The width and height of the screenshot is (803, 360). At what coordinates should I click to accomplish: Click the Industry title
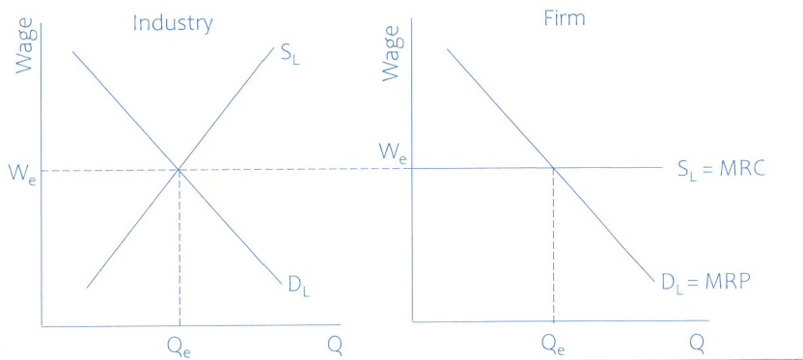click(173, 23)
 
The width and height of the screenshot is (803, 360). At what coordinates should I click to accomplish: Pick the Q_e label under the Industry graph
click(180, 346)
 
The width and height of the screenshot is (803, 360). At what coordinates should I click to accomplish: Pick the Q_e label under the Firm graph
click(552, 343)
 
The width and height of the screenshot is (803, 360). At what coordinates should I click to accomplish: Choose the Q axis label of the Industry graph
click(333, 346)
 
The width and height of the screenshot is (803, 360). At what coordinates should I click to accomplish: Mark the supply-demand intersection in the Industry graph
click(180, 170)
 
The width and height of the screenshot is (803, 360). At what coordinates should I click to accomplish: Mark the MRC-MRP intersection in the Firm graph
click(552, 168)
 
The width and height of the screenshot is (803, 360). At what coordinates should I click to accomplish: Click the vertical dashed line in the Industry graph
click(180, 251)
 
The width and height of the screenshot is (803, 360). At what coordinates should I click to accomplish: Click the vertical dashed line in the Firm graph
click(552, 246)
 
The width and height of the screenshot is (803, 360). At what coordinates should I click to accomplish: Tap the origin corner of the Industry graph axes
click(42, 326)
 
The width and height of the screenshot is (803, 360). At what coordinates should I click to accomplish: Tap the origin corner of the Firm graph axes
click(411, 321)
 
